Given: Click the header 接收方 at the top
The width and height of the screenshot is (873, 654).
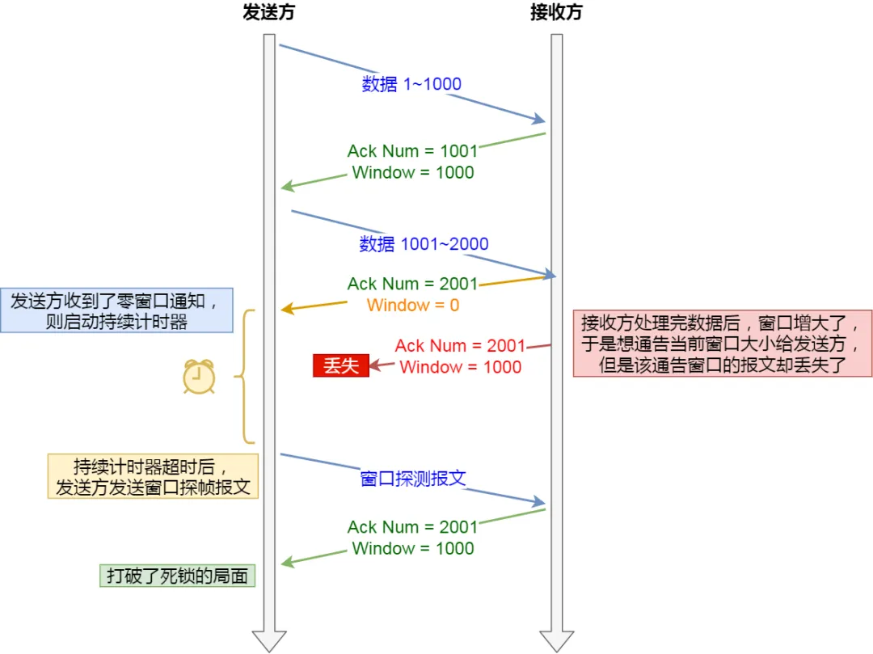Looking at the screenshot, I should (x=556, y=12).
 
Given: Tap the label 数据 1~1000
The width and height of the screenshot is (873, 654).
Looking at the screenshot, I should (x=411, y=84).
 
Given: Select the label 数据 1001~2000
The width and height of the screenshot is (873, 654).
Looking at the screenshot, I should (x=424, y=244).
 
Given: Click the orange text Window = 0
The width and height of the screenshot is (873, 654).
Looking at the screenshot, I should (x=412, y=306).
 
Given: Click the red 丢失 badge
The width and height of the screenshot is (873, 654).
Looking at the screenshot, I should (x=340, y=365).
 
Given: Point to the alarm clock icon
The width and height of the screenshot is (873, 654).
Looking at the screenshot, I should (x=199, y=377).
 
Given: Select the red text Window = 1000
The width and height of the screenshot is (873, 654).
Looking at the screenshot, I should (x=460, y=367).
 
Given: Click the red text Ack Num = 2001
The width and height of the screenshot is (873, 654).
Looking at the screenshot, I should (x=459, y=346).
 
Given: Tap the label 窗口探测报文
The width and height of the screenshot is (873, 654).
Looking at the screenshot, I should (x=412, y=478).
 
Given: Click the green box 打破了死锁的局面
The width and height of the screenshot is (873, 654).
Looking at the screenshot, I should (x=177, y=576).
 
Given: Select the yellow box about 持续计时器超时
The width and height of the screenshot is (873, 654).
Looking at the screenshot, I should (x=153, y=476).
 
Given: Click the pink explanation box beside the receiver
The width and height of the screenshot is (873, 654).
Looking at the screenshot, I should (x=722, y=344).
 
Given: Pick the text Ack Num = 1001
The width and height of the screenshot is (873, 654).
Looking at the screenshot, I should (x=412, y=151).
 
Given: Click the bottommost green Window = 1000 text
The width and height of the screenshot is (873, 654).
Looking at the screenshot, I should (x=412, y=548).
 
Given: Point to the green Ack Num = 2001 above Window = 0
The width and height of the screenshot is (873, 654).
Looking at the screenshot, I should (x=412, y=284).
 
